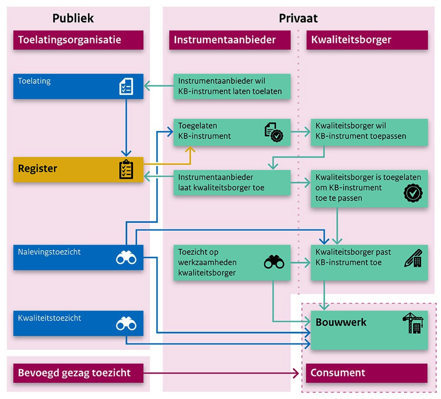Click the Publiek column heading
[x=73, y=18]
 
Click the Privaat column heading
[x=298, y=18]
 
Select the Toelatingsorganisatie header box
[x=78, y=40]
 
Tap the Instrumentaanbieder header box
[x=229, y=40]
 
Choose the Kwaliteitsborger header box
[x=367, y=40]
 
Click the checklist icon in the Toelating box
[x=126, y=87]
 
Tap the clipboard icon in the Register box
[x=126, y=169]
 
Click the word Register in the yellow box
[x=38, y=169]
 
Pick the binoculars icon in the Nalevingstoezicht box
[x=126, y=258]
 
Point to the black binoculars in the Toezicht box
[x=274, y=262]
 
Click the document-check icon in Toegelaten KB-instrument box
[x=274, y=132]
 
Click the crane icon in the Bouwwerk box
[x=413, y=323]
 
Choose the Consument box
[x=367, y=373]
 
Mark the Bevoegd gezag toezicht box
[x=78, y=373]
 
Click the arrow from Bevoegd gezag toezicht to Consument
[x=222, y=373]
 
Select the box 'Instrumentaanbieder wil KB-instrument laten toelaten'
[x=232, y=87]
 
